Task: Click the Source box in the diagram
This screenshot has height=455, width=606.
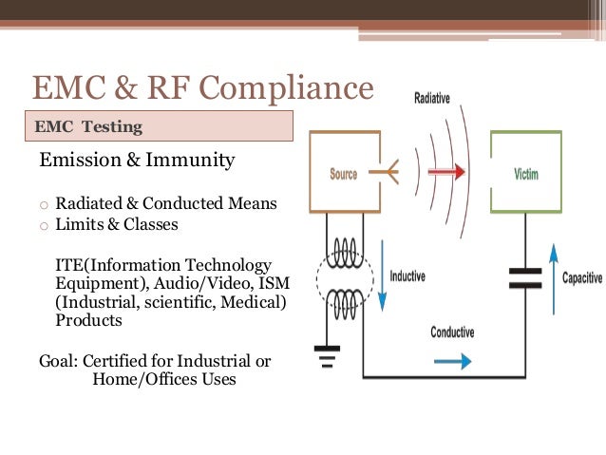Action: [344, 172]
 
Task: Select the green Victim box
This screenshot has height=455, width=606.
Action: [525, 172]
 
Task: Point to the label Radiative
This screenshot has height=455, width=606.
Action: [432, 98]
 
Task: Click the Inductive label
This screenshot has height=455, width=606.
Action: [408, 276]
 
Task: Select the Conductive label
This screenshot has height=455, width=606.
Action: [452, 332]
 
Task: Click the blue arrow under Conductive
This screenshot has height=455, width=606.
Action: [452, 361]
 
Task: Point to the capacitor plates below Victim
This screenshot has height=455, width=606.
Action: [524, 276]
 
